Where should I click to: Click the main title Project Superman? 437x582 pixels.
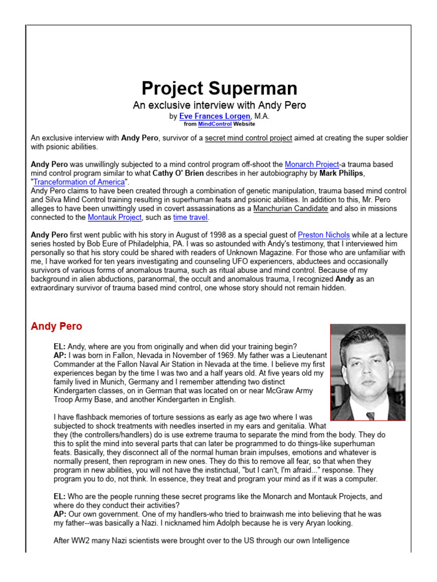[x=219, y=88]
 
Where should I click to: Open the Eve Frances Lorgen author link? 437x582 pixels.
[x=214, y=116]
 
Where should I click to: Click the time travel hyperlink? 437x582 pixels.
[x=191, y=217]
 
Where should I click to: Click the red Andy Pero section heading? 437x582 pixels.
[x=56, y=326]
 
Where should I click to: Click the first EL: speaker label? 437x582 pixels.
[x=59, y=347]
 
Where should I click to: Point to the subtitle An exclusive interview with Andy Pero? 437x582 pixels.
[x=219, y=105]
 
